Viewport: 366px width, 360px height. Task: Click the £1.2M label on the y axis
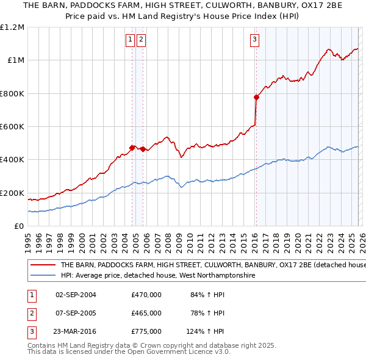[x=12, y=27]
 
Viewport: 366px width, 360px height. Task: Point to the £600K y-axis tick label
[x=12, y=127]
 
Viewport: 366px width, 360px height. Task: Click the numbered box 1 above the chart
[x=131, y=40]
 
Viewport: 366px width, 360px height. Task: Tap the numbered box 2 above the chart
[x=141, y=40]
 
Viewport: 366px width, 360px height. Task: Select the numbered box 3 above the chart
[x=254, y=40]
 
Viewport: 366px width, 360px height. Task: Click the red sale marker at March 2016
[x=256, y=97]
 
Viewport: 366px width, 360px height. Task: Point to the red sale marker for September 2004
[x=132, y=148]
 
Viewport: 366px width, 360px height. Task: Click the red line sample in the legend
[x=43, y=265]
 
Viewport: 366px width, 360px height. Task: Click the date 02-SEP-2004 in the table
[x=76, y=295]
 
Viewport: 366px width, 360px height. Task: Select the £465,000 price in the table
[x=146, y=313]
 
